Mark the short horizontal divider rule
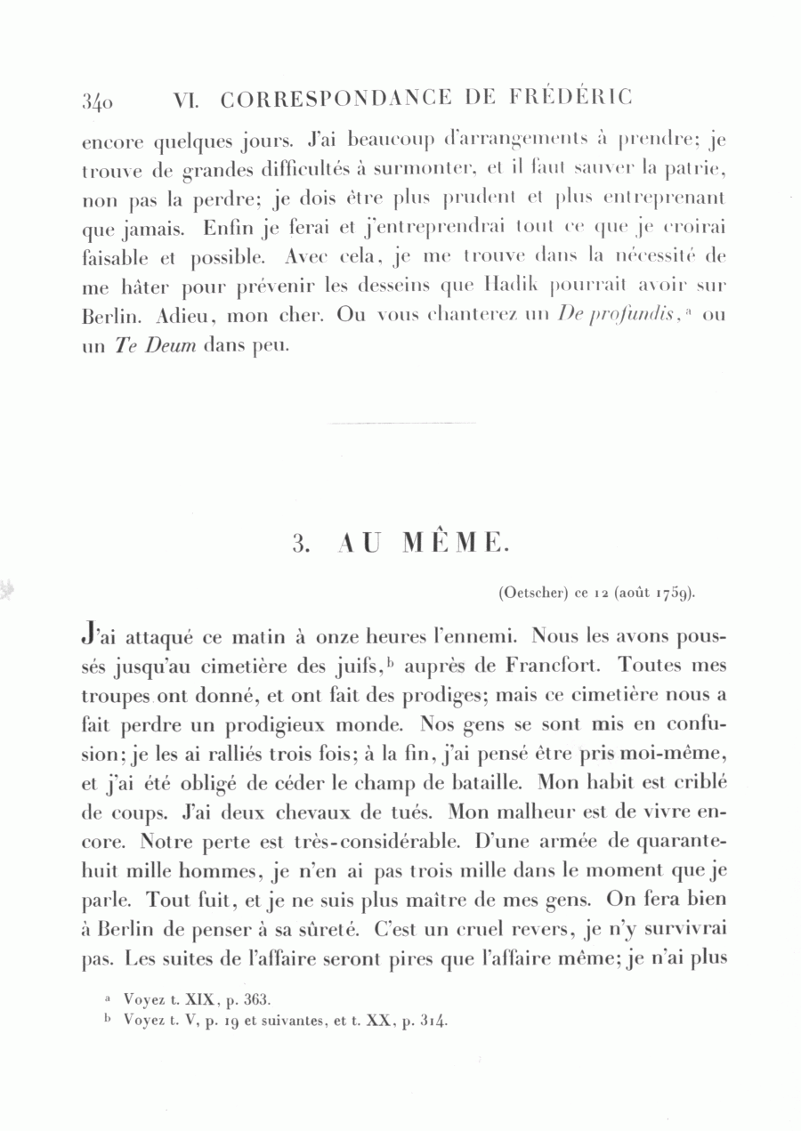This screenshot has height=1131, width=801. pos(401,424)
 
